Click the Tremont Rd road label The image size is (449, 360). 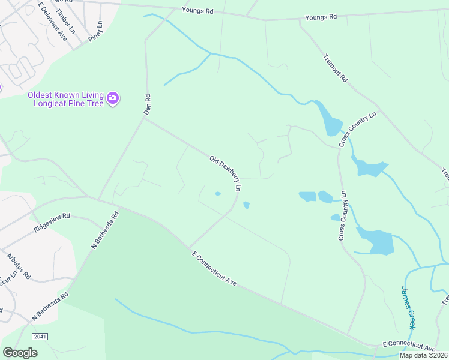pyautogui.click(x=336, y=69)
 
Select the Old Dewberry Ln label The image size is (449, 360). pyautogui.click(x=225, y=173)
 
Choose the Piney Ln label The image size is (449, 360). pyautogui.click(x=96, y=31)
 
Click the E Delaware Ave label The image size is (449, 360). pyautogui.click(x=52, y=21)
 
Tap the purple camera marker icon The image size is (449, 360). pyautogui.click(x=113, y=97)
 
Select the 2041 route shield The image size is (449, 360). pyautogui.click(x=40, y=337)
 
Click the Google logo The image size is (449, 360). pyautogui.click(x=20, y=353)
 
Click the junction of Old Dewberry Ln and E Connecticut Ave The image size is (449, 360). pyautogui.click(x=188, y=247)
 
